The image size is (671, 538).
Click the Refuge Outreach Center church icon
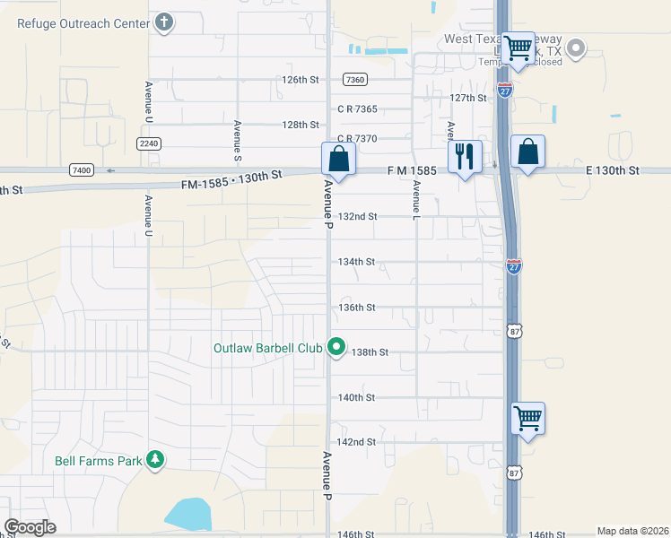click(164, 23)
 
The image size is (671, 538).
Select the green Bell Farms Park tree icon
click(156, 460)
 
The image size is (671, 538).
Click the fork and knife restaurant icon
click(465, 157)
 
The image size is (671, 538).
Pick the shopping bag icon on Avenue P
click(339, 159)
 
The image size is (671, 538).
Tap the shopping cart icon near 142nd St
click(527, 418)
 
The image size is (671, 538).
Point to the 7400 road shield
click(81, 169)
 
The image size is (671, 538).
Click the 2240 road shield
click(149, 143)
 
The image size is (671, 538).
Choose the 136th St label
click(356, 307)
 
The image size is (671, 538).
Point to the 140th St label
click(356, 397)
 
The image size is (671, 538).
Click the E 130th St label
click(613, 169)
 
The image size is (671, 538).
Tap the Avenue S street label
click(237, 141)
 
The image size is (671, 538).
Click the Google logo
click(30, 527)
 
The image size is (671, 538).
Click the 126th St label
click(301, 80)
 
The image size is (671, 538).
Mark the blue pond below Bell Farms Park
click(188, 514)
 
